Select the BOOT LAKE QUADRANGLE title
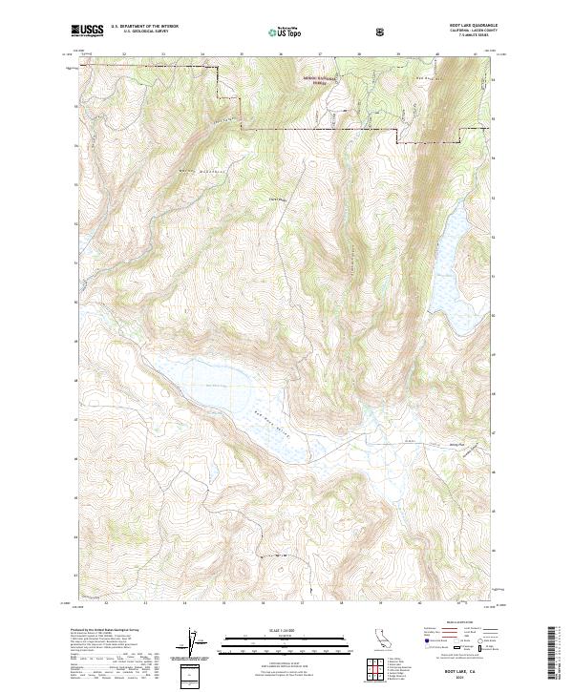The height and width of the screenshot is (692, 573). [x=465, y=26]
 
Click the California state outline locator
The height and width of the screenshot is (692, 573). [x=381, y=640]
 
